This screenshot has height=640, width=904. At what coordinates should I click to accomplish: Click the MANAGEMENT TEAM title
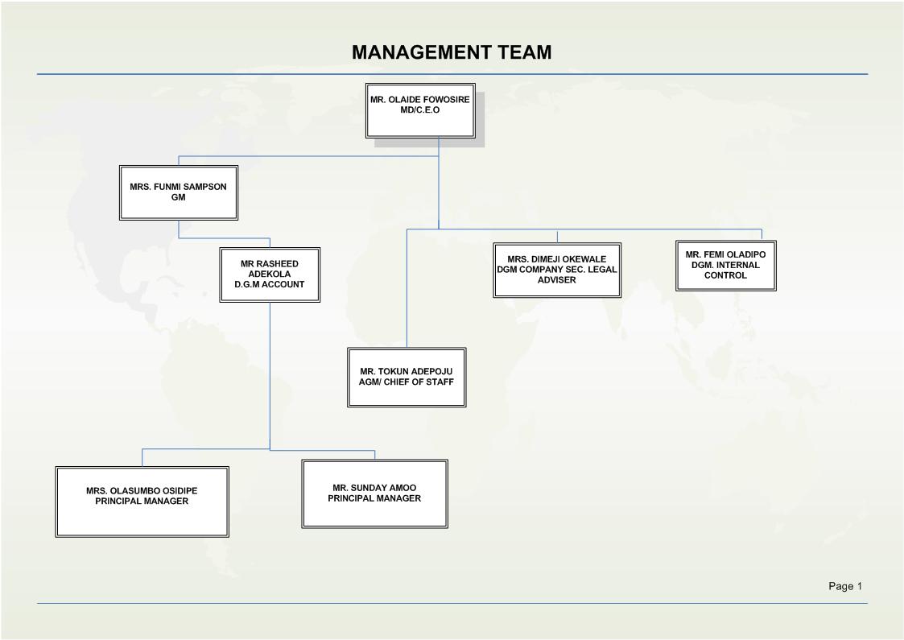[x=452, y=52]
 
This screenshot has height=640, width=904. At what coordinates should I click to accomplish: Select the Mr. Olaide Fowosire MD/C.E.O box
[x=420, y=111]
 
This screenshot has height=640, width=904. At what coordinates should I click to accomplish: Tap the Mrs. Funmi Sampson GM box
[x=179, y=192]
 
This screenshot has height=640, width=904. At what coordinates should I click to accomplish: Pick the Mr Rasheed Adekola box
[x=270, y=275]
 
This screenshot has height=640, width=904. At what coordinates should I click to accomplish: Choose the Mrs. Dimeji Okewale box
[x=557, y=270]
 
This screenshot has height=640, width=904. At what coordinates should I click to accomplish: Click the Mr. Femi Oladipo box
[x=726, y=265]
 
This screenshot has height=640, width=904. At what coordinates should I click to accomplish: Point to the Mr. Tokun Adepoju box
[x=407, y=377]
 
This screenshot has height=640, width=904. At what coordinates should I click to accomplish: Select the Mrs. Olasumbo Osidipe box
[x=142, y=502]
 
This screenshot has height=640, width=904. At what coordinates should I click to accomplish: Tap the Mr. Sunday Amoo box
[x=375, y=493]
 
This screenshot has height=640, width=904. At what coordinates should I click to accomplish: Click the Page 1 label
[x=845, y=586]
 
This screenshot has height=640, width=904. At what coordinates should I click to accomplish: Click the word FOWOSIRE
[x=446, y=100]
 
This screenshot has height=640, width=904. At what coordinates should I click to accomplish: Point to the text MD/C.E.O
[x=420, y=110]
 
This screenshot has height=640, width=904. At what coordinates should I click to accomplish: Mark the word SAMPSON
[x=204, y=187]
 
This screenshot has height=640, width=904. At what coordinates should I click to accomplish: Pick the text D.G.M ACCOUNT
[x=269, y=284]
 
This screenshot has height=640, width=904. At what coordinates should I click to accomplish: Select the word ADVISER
[x=557, y=279]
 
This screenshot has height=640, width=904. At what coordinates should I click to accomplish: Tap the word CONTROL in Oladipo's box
[x=726, y=275]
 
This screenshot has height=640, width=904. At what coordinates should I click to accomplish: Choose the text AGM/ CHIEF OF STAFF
[x=407, y=382]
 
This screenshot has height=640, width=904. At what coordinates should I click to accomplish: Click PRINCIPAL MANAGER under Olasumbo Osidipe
[x=142, y=501]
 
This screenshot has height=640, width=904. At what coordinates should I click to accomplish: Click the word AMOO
[x=402, y=488]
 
